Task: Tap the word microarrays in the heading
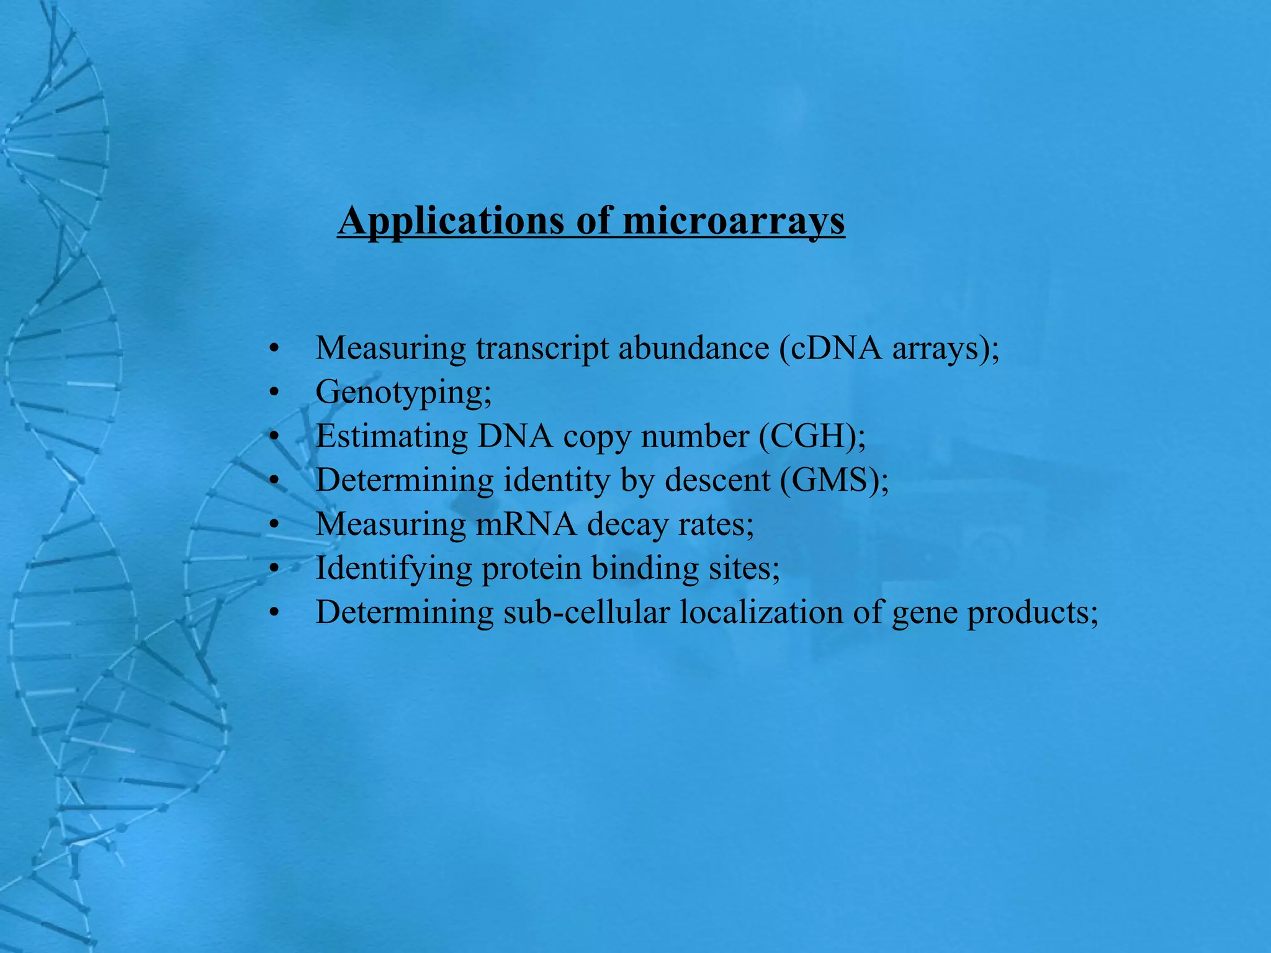pyautogui.click(x=734, y=221)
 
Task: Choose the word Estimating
pyautogui.click(x=392, y=436)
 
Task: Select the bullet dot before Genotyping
pyautogui.click(x=274, y=393)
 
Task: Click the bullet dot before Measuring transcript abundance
pyautogui.click(x=274, y=349)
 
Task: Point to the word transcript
pyautogui.click(x=542, y=348)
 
